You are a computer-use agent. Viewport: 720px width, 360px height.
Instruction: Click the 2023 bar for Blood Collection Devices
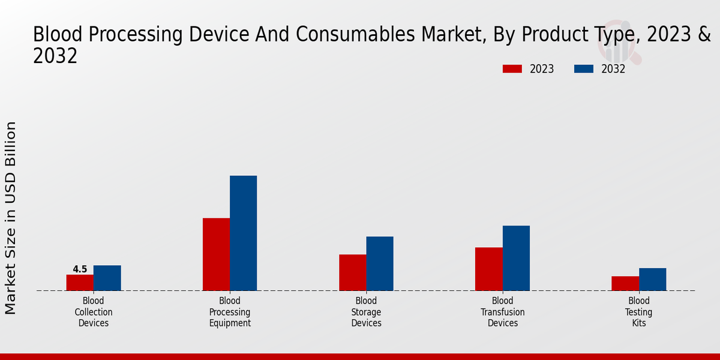(80, 283)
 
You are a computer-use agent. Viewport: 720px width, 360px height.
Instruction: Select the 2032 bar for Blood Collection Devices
(107, 278)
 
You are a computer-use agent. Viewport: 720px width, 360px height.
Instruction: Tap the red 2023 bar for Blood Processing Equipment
(216, 254)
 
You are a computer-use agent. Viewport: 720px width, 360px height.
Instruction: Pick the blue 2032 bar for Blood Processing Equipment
(243, 233)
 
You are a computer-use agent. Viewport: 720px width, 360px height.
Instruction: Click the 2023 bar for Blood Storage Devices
(352, 272)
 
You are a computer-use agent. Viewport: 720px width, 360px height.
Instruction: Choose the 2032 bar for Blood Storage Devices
(380, 263)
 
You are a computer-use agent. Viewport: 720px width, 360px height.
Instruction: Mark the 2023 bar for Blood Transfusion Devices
(488, 269)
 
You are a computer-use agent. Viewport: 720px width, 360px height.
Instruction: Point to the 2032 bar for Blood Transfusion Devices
(516, 258)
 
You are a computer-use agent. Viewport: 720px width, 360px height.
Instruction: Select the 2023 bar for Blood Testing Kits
(625, 283)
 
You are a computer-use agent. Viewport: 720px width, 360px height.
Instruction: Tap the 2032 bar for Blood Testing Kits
(652, 279)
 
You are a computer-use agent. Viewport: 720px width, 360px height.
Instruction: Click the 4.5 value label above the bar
(80, 269)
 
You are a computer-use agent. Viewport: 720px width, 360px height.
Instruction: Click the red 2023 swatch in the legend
(512, 69)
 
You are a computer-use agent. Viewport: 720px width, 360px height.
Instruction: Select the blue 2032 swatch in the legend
(583, 69)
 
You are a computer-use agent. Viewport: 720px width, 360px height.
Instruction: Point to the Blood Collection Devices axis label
(94, 312)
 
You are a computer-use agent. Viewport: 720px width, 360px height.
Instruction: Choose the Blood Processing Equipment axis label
(230, 312)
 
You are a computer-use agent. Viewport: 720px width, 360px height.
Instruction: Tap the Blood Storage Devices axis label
(366, 312)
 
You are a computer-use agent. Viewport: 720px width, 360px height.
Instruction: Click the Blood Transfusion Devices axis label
(503, 312)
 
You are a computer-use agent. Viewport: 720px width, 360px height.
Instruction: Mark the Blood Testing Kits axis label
(639, 312)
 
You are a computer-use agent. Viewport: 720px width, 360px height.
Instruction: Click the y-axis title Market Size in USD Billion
(11, 217)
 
